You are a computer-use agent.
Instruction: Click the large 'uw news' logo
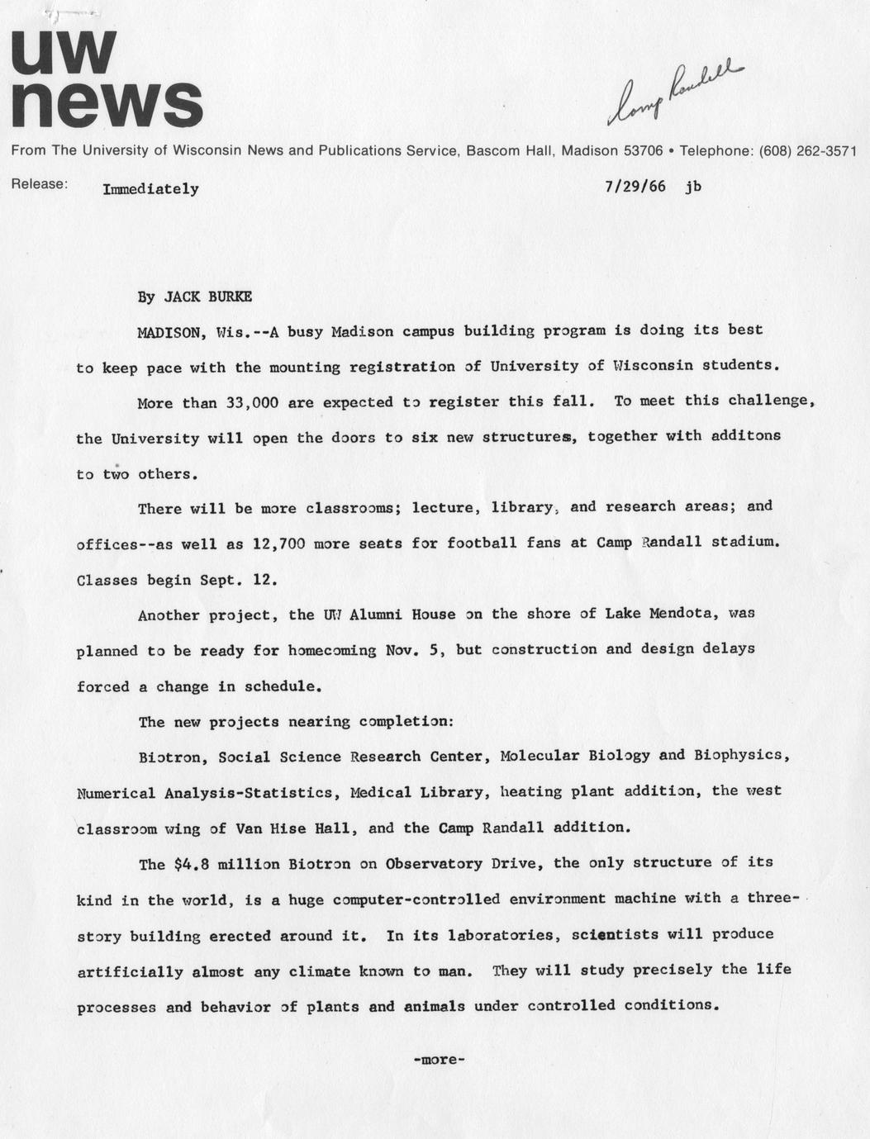106,80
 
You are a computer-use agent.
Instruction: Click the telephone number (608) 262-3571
806,151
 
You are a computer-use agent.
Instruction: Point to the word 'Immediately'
150,189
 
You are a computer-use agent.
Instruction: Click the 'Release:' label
39,184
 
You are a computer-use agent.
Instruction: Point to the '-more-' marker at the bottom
439,1060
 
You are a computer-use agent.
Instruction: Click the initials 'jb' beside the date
692,187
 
